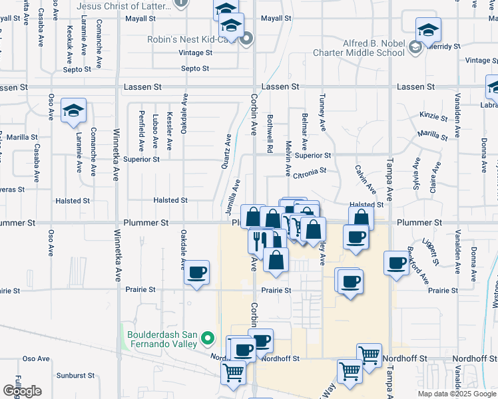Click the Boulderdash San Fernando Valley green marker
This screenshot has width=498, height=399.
pyautogui.click(x=208, y=338)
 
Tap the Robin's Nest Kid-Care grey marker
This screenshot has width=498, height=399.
pyautogui.click(x=246, y=39)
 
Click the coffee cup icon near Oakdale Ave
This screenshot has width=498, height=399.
pyautogui.click(x=196, y=273)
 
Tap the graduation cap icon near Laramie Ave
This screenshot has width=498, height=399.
pyautogui.click(x=73, y=111)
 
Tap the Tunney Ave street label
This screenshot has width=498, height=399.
pyautogui.click(x=322, y=112)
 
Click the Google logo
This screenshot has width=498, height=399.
pyautogui.click(x=22, y=391)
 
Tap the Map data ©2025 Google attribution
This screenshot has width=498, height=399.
pyautogui.click(x=457, y=394)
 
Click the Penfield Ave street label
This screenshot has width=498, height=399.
pyautogui.click(x=141, y=128)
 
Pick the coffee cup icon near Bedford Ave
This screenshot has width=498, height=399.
pyautogui.click(x=396, y=263)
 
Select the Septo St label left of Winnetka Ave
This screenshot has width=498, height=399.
pyautogui.click(x=77, y=69)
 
